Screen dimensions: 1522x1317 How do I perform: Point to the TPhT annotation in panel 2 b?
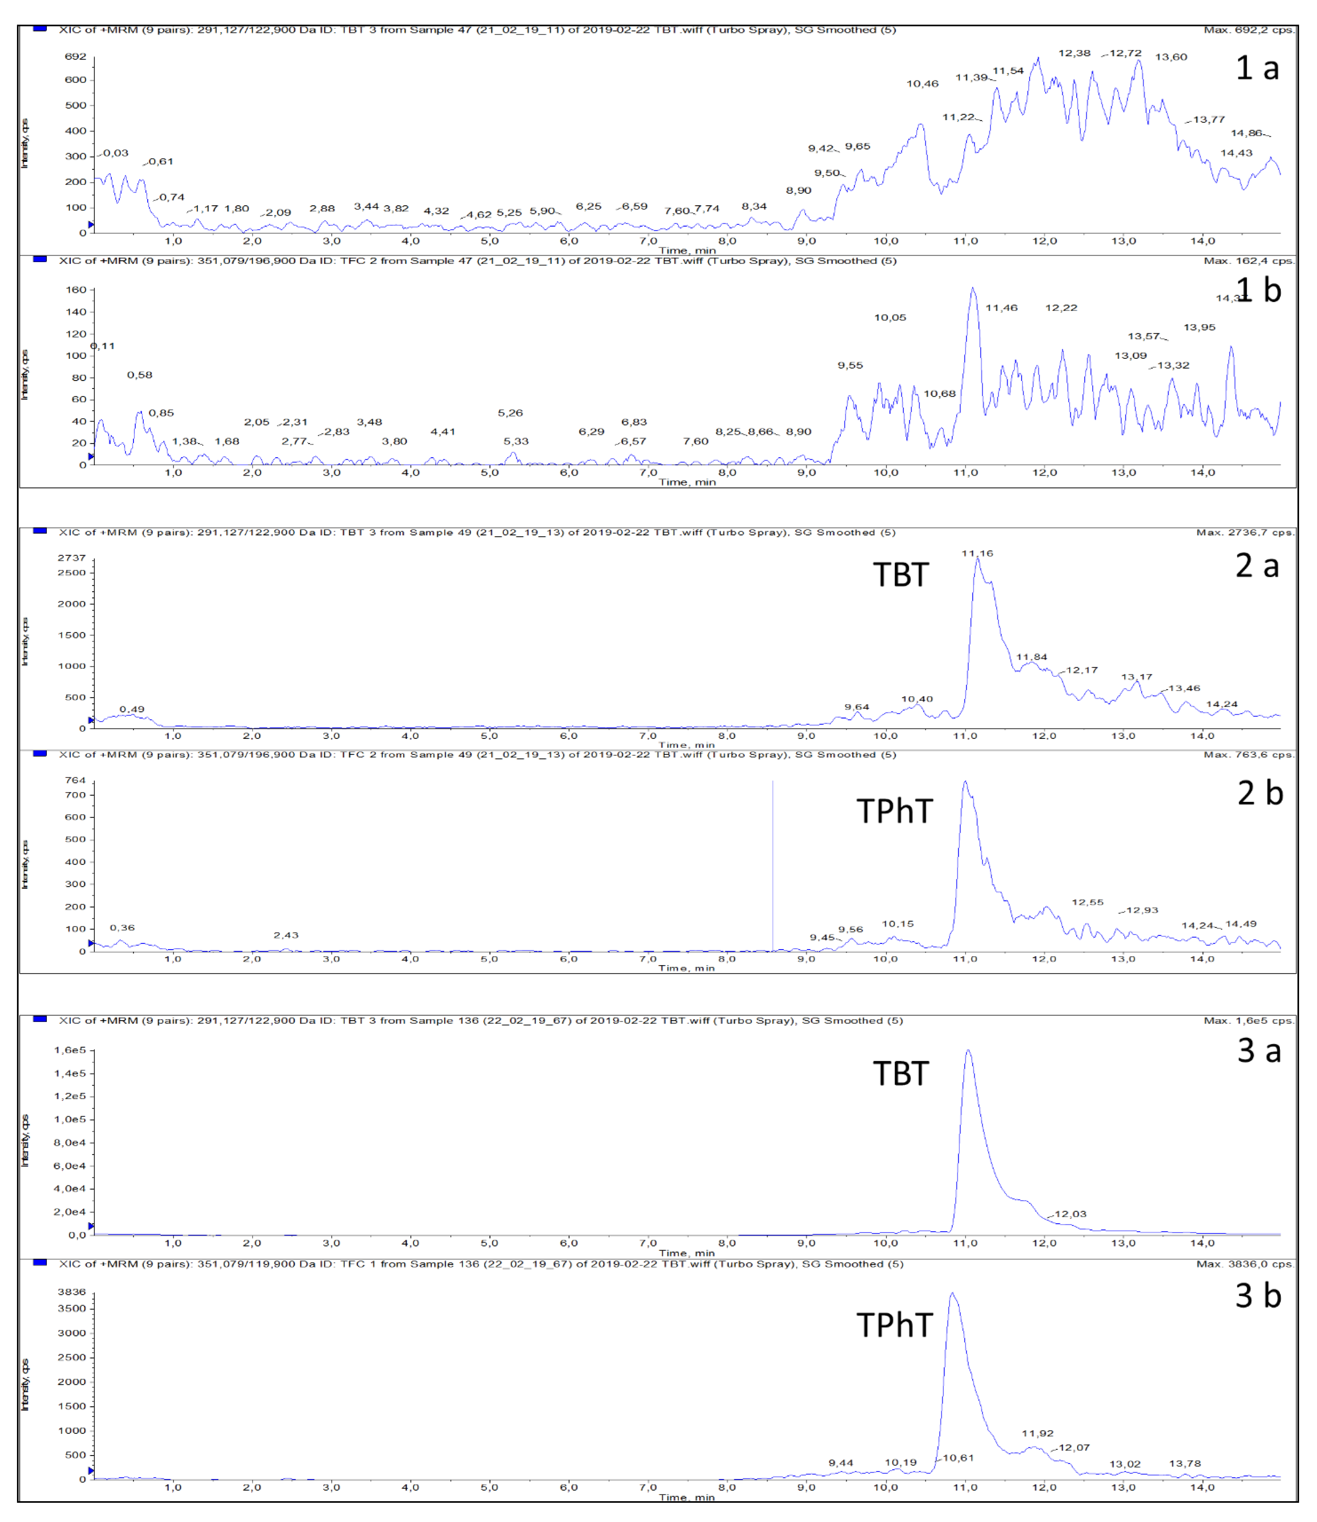tap(895, 812)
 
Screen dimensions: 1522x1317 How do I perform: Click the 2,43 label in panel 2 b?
tap(286, 935)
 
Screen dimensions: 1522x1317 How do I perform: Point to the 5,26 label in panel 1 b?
tap(510, 413)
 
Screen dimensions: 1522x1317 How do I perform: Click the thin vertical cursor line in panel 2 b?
tap(773, 868)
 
